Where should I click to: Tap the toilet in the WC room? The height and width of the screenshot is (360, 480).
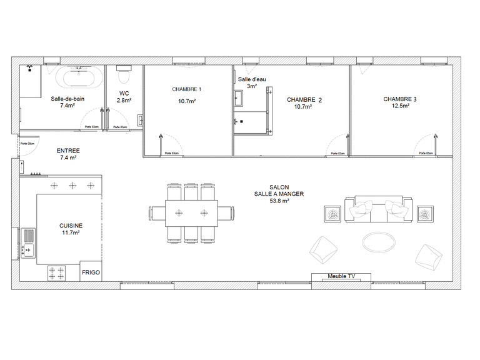coord(123,77)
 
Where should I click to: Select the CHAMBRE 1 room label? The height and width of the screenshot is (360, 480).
coord(187,89)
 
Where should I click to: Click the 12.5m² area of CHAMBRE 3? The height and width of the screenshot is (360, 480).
coord(397,106)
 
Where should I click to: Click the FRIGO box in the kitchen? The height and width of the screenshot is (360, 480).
coord(91,273)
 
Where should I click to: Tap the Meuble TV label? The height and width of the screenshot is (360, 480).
coord(341,276)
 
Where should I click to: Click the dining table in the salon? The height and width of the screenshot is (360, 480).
coord(191,212)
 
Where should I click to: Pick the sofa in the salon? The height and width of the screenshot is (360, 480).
coord(378,209)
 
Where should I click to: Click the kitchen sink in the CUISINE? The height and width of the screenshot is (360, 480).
coord(28,242)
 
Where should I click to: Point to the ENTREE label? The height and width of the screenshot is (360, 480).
coord(68,151)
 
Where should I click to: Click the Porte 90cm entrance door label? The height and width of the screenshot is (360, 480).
coord(27,144)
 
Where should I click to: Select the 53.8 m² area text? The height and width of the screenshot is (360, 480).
coord(279,201)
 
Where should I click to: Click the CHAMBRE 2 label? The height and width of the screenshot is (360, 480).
coord(304,99)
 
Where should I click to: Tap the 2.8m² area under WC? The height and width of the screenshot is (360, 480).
coord(123,100)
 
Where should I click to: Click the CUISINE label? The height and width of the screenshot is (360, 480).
coord(71,225)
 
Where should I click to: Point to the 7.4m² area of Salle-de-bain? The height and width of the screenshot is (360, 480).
coord(67,106)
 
